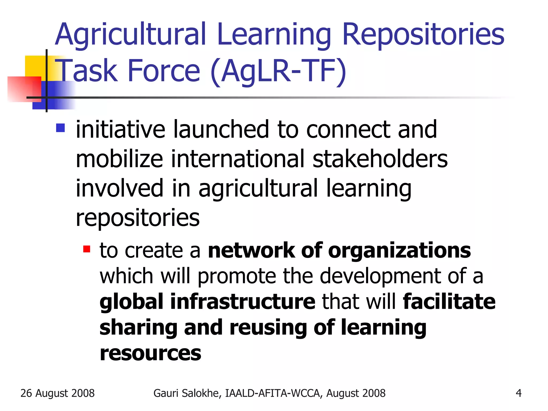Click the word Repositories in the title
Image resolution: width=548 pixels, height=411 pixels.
pos(423,35)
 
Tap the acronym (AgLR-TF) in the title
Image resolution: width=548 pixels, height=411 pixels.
pos(278,71)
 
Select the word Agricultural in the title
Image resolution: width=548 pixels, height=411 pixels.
pos(131,35)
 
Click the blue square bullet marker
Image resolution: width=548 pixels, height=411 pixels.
pos(60,128)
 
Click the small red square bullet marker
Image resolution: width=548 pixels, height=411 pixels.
pos(87,249)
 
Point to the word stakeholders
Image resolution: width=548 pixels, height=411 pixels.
pos(380,159)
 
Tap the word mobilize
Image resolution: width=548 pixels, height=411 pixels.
pos(119,159)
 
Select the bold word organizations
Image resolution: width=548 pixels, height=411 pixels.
pos(399,251)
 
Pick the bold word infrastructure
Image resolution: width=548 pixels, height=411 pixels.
pos(243,302)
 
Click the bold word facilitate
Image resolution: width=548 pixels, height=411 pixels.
pos(449,302)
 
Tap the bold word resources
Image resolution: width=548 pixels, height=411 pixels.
pos(150,353)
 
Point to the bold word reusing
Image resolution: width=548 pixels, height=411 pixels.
pos(268,328)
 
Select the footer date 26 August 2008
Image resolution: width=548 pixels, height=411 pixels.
pos(58,393)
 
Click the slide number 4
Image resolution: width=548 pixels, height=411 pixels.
pos(519,393)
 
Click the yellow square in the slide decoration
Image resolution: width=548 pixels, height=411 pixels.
pos(35,66)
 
